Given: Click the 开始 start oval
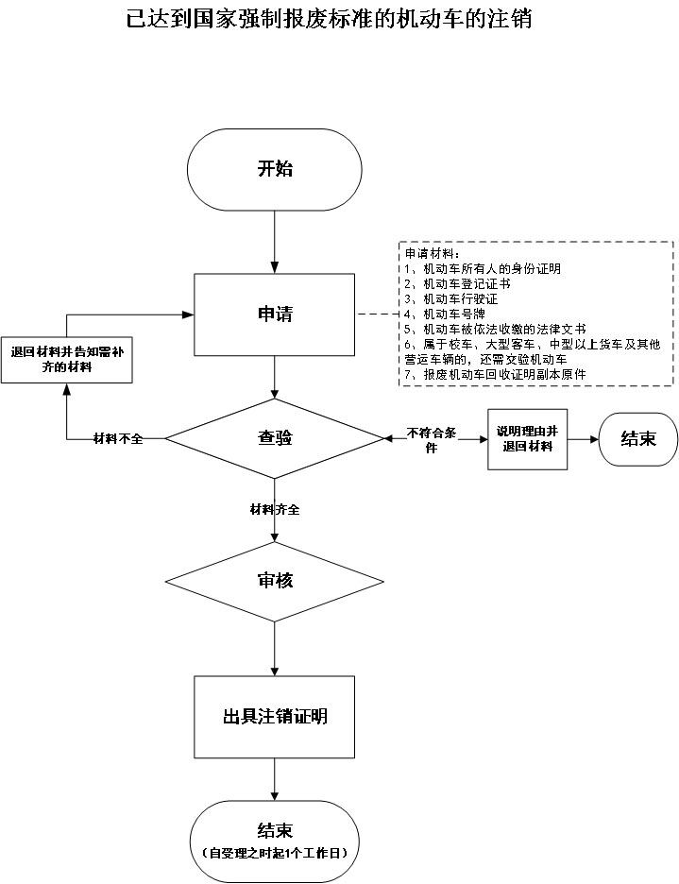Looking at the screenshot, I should [x=275, y=170].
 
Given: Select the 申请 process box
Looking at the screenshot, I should [x=275, y=314].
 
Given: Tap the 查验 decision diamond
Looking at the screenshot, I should [x=275, y=438].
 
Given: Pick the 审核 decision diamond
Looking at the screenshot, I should [x=275, y=581].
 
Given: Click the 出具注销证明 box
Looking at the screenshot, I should [x=275, y=717].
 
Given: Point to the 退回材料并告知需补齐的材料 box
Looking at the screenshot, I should [x=65, y=359].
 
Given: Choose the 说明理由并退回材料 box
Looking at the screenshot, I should [x=528, y=439].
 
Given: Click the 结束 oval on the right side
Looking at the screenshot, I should [x=638, y=439].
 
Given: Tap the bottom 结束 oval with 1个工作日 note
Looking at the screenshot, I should [x=275, y=839].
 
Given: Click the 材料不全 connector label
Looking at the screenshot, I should [x=118, y=439].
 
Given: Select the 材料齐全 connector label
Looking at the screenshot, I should [x=275, y=510].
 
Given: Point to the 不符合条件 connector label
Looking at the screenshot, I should [x=432, y=439].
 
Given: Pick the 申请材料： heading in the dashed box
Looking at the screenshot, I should [x=432, y=253].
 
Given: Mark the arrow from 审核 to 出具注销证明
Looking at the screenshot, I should [x=275, y=649].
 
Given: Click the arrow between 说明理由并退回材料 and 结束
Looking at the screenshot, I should [x=584, y=439].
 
